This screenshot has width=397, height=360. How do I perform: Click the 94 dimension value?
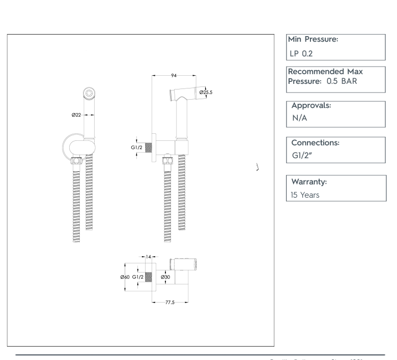click(174, 75)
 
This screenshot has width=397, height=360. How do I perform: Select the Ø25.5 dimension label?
click(206, 92)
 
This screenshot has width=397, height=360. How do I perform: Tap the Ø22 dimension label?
click(76, 115)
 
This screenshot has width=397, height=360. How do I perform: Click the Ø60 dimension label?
click(124, 277)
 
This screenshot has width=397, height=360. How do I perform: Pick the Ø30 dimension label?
click(165, 277)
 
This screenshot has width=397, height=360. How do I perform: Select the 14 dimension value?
click(149, 257)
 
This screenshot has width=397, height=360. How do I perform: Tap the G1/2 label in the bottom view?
click(138, 277)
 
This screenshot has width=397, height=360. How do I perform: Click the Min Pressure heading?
click(313, 39)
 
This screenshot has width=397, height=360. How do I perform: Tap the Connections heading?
click(315, 143)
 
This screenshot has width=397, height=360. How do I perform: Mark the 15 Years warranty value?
click(305, 194)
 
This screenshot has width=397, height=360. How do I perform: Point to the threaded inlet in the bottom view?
click(149, 278)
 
